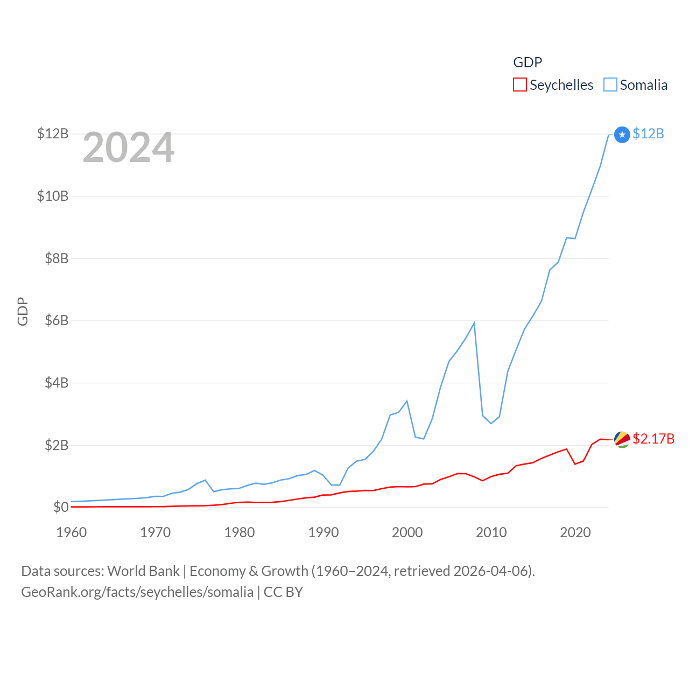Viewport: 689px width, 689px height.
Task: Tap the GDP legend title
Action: (528, 62)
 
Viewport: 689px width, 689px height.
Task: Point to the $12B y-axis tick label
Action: (53, 133)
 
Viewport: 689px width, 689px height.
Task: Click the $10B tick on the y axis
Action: (53, 196)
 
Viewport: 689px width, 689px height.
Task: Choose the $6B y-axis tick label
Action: (56, 321)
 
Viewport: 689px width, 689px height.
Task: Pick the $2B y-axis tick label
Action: (56, 445)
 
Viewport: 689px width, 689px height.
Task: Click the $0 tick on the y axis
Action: (61, 507)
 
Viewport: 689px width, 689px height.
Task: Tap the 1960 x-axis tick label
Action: (72, 532)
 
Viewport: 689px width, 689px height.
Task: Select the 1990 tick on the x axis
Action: (324, 532)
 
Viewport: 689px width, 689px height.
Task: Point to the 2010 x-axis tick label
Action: (491, 532)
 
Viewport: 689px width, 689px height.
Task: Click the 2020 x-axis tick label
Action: (575, 532)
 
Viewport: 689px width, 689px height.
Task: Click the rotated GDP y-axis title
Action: (23, 311)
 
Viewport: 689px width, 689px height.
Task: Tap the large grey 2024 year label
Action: (129, 147)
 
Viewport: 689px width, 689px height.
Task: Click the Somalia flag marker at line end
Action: (622, 135)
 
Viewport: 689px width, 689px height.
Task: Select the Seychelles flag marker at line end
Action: (622, 439)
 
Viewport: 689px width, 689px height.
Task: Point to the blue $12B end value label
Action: (648, 133)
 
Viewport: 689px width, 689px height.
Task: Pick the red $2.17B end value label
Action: (653, 439)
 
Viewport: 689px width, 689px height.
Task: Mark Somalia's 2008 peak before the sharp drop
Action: (474, 323)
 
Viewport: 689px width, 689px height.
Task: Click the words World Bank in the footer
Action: (143, 571)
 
